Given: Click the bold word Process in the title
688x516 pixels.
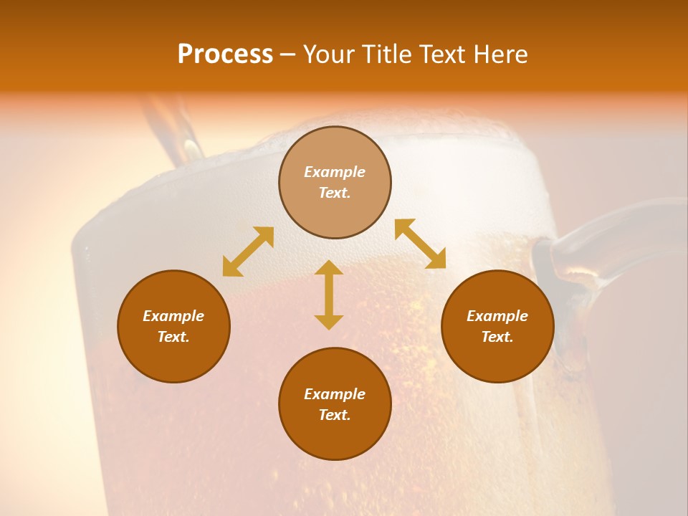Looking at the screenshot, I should click(x=225, y=54).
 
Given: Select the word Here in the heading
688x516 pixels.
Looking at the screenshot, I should click(x=499, y=54).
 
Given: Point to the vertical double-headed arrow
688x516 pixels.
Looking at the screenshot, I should click(x=329, y=295).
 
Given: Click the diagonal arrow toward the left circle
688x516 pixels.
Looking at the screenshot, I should click(x=248, y=252).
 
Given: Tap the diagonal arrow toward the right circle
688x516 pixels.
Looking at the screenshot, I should click(x=421, y=244).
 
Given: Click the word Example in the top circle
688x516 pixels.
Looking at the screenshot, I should click(x=335, y=172).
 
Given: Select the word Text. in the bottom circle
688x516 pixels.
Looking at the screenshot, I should click(x=335, y=415).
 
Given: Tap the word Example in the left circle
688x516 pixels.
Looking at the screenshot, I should click(x=173, y=316).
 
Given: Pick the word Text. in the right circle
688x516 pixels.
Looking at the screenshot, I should click(x=497, y=337).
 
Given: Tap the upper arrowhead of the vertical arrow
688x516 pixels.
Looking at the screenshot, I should click(x=329, y=268).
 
